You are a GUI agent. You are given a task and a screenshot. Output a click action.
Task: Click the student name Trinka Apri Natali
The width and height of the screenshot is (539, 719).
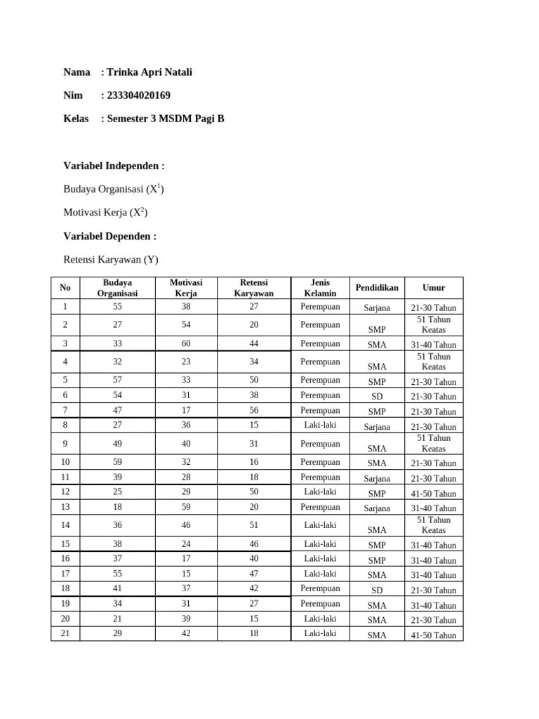[149, 72]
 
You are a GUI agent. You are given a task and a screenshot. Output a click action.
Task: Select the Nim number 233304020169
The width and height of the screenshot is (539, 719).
[138, 95]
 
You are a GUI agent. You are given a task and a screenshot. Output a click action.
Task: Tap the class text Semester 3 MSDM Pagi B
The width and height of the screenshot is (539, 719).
[165, 119]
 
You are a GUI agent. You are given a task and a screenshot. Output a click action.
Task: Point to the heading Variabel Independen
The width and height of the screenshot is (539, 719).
[114, 166]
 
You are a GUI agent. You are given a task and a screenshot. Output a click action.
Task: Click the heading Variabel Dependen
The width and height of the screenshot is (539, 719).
[109, 236]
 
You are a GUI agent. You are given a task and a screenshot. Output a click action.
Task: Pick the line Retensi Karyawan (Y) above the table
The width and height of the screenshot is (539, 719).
[111, 260]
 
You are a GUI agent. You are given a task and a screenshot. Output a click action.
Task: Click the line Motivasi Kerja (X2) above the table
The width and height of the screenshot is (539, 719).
[105, 213]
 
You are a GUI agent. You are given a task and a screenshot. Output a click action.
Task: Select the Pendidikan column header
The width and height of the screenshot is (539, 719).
[377, 287]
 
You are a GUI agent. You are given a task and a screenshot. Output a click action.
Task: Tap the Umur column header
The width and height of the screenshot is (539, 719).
[433, 287]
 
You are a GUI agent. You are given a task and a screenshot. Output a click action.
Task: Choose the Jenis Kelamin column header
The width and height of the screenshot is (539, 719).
[320, 287]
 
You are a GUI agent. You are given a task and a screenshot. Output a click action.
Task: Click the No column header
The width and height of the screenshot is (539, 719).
[65, 287]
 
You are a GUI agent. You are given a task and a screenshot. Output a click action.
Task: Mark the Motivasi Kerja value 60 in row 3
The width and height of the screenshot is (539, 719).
[185, 344]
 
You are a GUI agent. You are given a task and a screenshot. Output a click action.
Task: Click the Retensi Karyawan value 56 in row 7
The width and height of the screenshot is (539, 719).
[253, 411]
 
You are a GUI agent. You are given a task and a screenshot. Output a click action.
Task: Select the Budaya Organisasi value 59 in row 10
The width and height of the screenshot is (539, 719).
[117, 463]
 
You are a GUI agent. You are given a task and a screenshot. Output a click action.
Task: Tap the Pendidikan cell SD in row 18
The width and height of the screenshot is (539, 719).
[377, 591]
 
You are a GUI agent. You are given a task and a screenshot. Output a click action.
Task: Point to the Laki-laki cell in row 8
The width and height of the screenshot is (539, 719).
[320, 425]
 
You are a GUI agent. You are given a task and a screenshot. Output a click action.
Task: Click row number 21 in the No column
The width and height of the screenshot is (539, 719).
[65, 633]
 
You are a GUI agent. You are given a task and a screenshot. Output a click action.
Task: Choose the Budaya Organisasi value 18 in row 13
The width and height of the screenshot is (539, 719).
[117, 507]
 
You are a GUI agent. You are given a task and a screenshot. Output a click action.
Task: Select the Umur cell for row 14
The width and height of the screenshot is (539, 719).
[433, 525]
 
